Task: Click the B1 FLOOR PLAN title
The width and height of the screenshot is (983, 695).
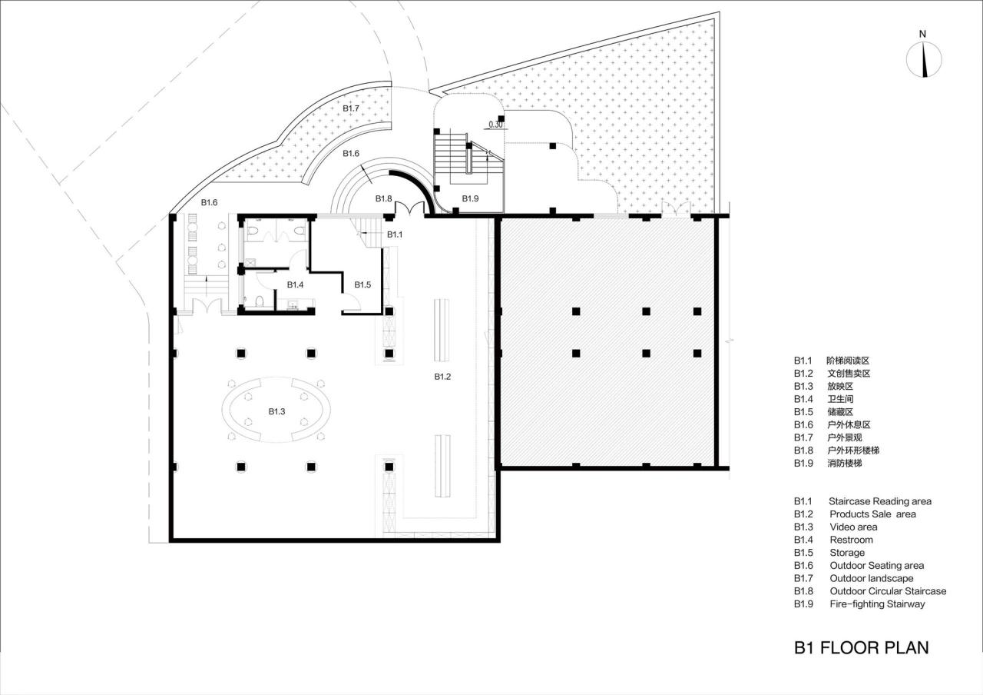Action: point(861,647)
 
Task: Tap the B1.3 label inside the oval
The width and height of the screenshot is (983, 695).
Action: point(276,411)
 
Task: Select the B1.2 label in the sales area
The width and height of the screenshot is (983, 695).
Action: point(442,377)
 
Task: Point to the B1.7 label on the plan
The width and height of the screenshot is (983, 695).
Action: point(351,108)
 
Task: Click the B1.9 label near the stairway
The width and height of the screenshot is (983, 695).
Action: point(470,199)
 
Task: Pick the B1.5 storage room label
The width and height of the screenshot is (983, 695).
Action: point(362,284)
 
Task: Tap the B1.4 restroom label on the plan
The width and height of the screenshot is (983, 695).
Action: point(296,284)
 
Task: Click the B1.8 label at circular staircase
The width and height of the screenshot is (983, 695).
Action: point(384,199)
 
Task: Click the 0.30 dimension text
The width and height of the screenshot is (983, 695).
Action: point(496,125)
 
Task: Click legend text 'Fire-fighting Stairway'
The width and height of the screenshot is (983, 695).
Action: point(877,604)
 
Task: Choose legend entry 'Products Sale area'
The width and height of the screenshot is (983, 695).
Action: point(872,514)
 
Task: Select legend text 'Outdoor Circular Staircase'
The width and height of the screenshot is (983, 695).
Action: point(888,591)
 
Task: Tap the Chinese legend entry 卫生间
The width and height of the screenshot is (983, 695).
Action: point(839,399)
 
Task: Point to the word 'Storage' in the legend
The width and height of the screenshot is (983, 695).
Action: point(846,553)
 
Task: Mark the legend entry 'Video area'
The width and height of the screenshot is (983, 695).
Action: point(853,527)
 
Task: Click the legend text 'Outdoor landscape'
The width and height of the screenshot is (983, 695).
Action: point(871,578)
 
